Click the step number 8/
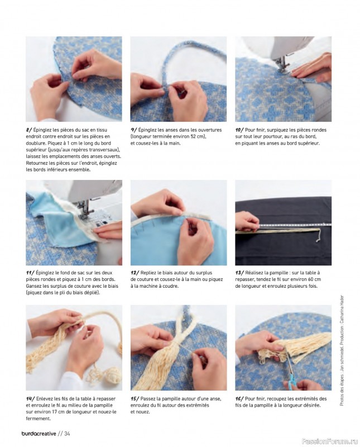point(29,130)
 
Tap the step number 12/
point(135,273)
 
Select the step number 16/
point(239,399)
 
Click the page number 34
point(67,434)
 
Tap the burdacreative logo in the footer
point(39,434)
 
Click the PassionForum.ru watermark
point(329,441)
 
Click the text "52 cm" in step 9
point(198,136)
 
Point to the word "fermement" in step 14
point(37,419)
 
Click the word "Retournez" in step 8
point(37,163)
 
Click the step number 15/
point(135,399)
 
